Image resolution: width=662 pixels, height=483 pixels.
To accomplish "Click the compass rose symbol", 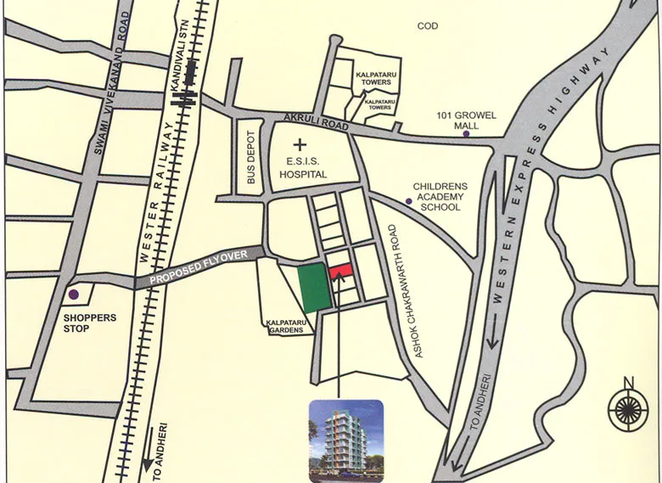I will pyautogui.click(x=629, y=412).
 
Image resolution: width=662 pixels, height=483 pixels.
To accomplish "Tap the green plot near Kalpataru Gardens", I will pyautogui.click(x=312, y=287).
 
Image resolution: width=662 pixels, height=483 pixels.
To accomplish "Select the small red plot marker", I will pyautogui.click(x=340, y=270).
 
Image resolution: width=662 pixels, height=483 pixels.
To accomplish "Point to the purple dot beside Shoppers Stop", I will pyautogui.click(x=73, y=295).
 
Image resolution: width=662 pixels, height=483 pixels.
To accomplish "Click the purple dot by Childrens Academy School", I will pyautogui.click(x=408, y=202).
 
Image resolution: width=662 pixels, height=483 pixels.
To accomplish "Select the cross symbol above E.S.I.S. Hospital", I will pyautogui.click(x=299, y=146).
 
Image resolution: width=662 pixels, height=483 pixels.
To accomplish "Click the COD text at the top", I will pyautogui.click(x=428, y=26).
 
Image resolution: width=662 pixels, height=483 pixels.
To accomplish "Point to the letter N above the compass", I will pyautogui.click(x=628, y=381).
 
